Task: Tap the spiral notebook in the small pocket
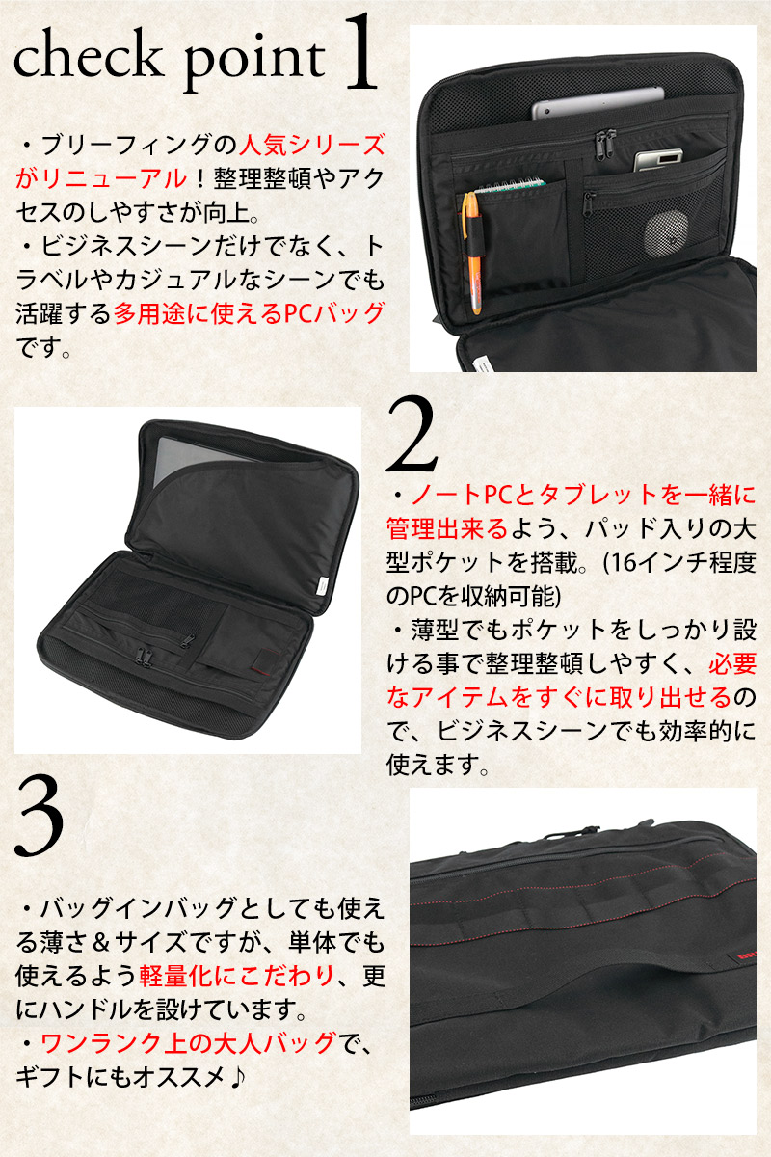512,184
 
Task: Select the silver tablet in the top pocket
598,104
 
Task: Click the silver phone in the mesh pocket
658,161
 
